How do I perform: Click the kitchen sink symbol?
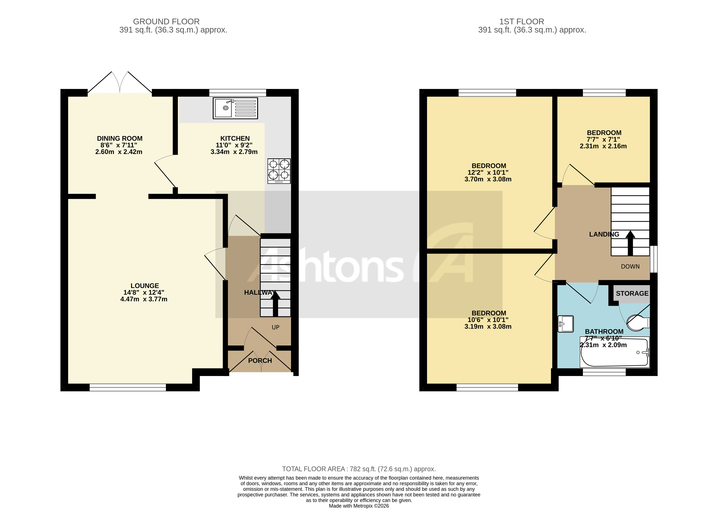point(235,108)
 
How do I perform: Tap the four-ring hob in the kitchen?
point(279,171)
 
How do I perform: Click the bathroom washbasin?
point(565,323)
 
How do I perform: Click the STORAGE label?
point(632,293)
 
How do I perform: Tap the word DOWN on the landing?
point(630,266)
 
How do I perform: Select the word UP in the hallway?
point(275,327)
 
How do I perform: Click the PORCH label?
point(260,360)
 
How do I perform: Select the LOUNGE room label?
point(145,286)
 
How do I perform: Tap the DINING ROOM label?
point(120,138)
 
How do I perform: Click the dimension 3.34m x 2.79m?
point(234,152)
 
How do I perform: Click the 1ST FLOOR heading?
point(521,22)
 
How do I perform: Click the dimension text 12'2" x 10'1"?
point(488,172)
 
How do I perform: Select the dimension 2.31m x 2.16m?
point(603,146)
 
